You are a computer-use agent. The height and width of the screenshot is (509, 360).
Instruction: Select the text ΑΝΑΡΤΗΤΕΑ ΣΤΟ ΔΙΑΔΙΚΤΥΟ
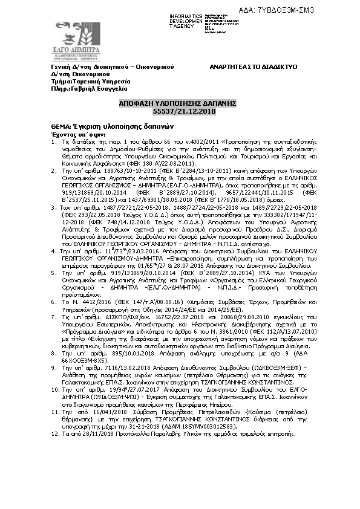coord(254,66)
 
